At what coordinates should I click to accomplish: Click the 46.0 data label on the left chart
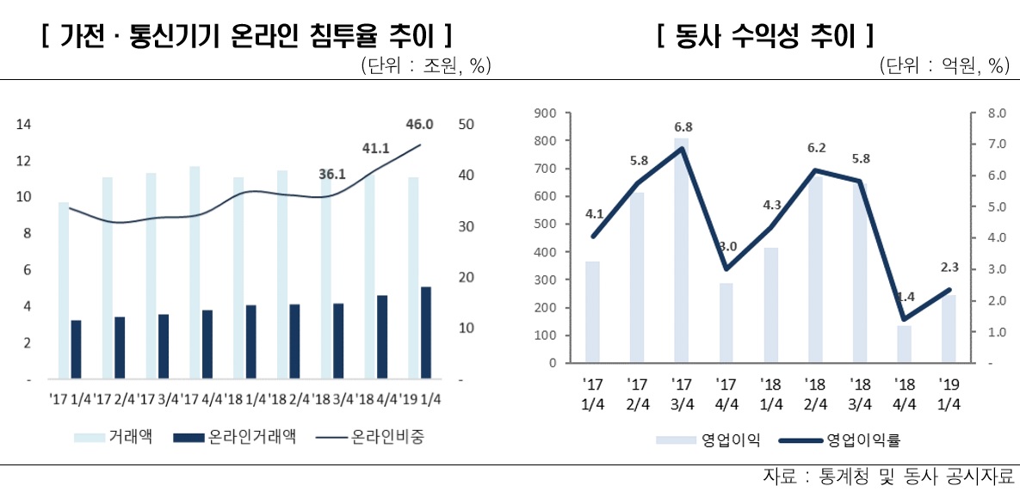tap(419, 125)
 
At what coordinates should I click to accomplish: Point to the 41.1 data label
tap(375, 148)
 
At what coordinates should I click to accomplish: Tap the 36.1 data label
tap(331, 175)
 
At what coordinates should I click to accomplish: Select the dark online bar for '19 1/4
tap(426, 333)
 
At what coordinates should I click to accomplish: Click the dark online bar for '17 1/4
tap(76, 349)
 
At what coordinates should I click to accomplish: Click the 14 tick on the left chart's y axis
tap(24, 125)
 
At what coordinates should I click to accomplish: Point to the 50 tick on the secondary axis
tap(464, 125)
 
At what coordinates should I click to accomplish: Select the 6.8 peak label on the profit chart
tap(682, 127)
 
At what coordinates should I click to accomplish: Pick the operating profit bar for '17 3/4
tap(681, 250)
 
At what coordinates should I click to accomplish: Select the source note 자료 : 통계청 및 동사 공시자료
tap(887, 476)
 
